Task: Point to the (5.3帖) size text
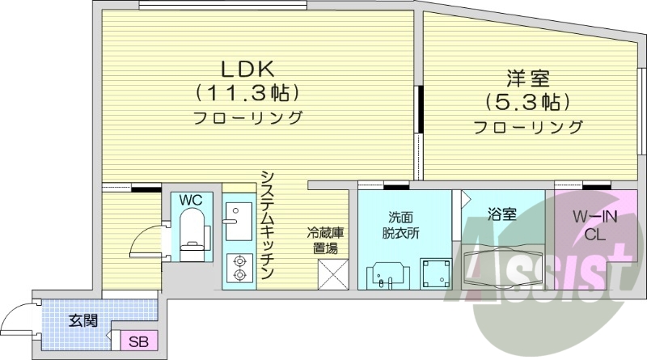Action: click(527, 103)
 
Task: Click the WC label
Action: click(190, 199)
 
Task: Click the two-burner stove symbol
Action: click(239, 268)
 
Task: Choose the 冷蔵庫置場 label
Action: click(325, 239)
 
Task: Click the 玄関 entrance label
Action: click(82, 320)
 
